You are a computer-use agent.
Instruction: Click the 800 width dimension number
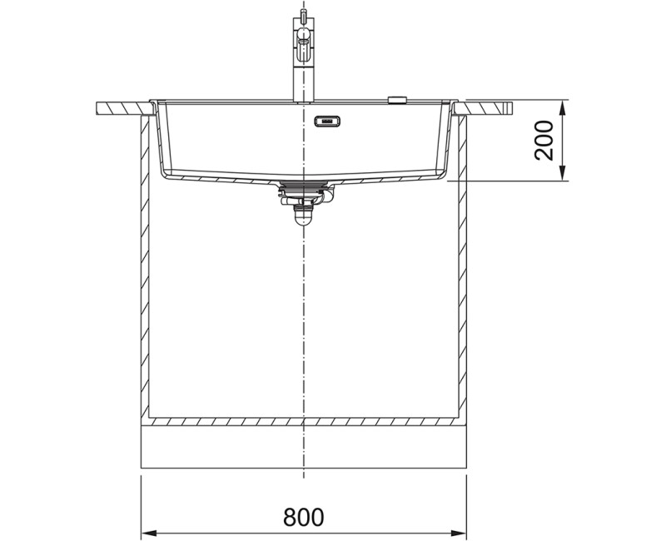coord(303,516)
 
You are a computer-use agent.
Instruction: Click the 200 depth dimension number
coord(544,141)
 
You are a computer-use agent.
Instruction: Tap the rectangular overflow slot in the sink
coord(327,122)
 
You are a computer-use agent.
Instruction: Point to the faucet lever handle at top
coord(303,41)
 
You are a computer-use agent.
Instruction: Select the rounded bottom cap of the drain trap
coord(303,219)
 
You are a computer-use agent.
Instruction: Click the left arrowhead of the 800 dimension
coord(150,533)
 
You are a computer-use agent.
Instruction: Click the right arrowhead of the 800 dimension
coord(458,533)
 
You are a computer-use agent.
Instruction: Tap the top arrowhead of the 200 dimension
coord(562,108)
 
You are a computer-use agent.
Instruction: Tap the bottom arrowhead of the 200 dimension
coord(562,173)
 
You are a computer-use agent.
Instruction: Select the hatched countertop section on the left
coord(123,108)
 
